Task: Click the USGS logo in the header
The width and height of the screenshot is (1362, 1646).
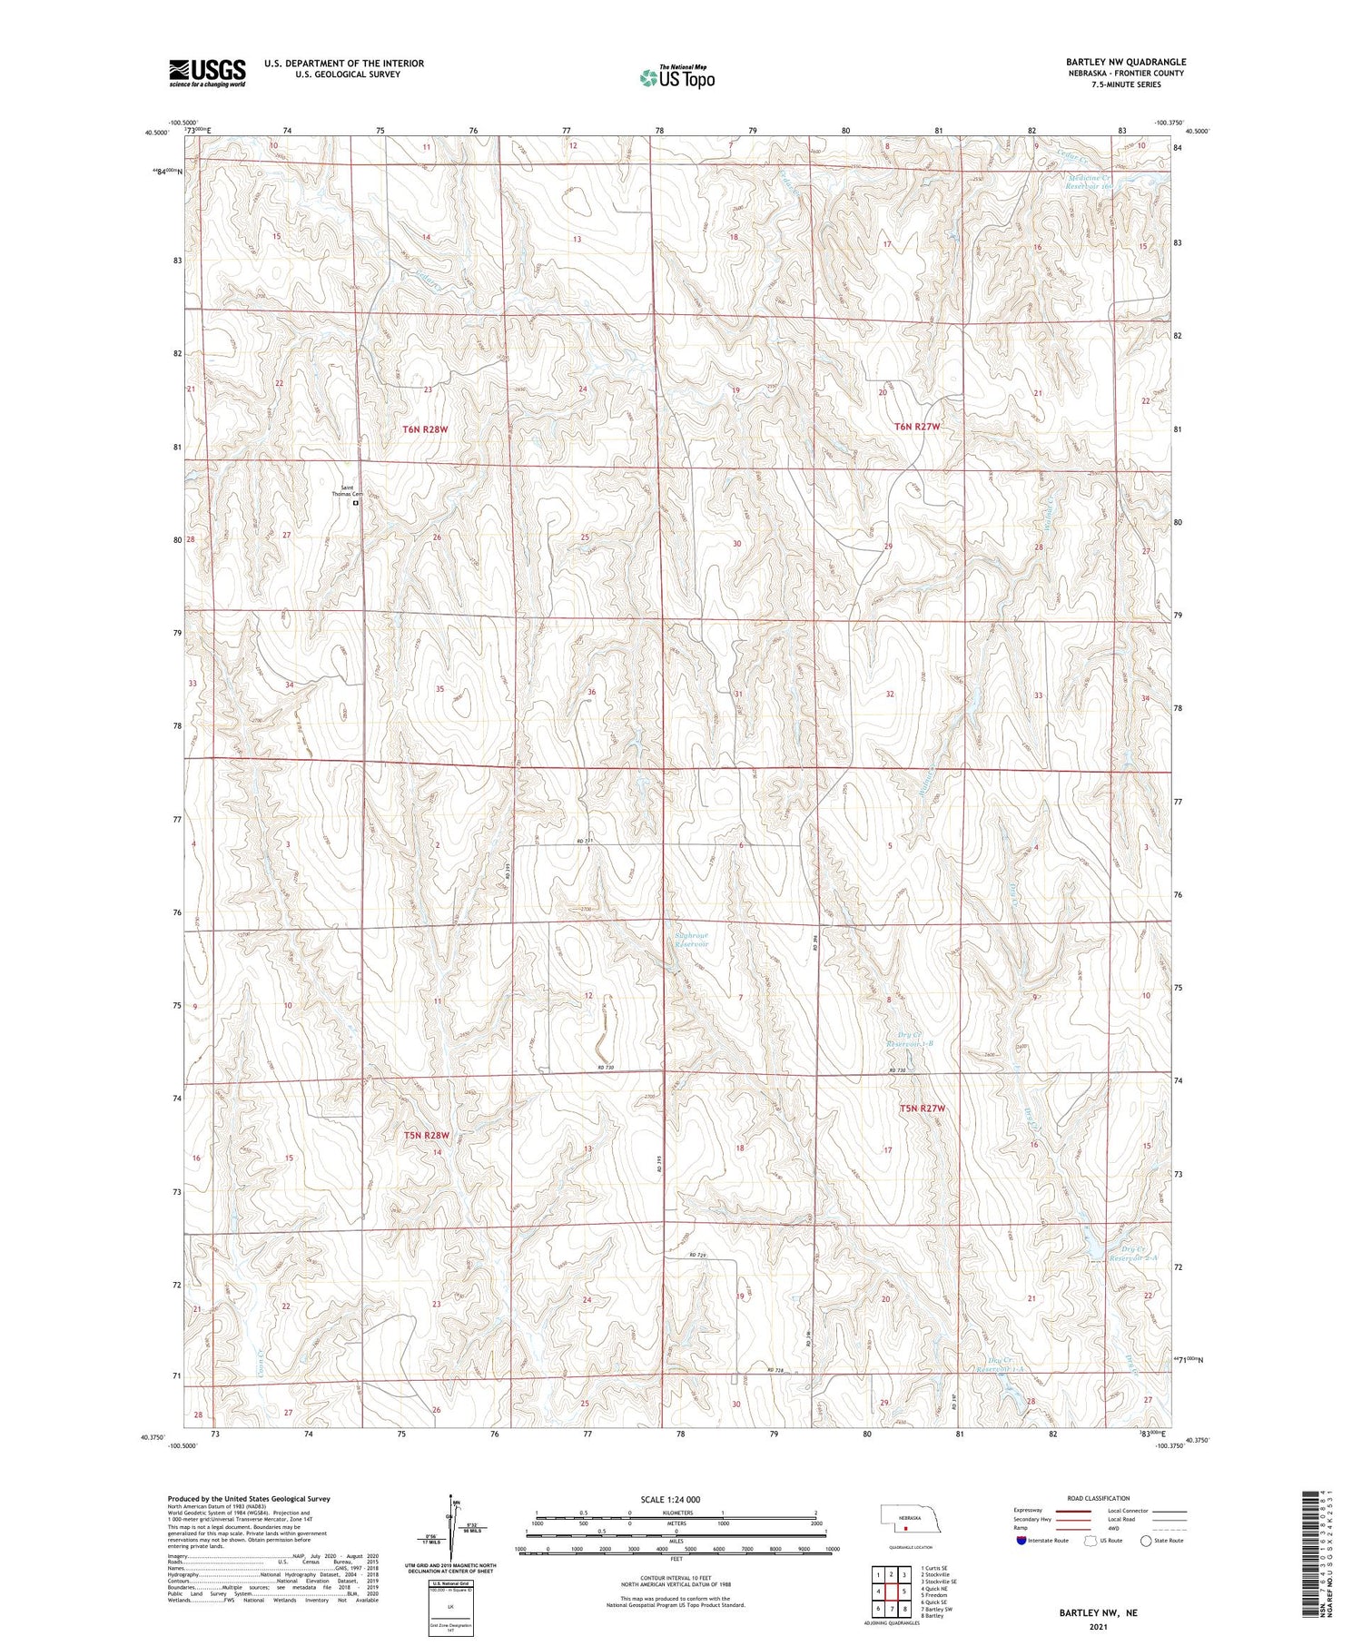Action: pyautogui.click(x=207, y=73)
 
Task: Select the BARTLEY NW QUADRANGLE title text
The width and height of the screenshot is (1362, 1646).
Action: pyautogui.click(x=1126, y=62)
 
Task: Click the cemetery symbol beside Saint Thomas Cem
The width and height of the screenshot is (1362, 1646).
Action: pyautogui.click(x=356, y=502)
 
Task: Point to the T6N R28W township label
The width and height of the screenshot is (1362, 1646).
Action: pyautogui.click(x=425, y=427)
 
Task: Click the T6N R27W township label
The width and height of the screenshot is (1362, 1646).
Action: pyautogui.click(x=916, y=426)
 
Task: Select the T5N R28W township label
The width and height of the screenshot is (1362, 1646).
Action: pyautogui.click(x=427, y=1135)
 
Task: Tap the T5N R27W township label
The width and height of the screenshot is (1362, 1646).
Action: pyautogui.click(x=923, y=1109)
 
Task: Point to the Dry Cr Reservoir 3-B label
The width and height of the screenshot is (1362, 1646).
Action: pyautogui.click(x=909, y=1039)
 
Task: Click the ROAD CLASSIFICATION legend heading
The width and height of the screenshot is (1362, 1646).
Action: pyautogui.click(x=1097, y=1498)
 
